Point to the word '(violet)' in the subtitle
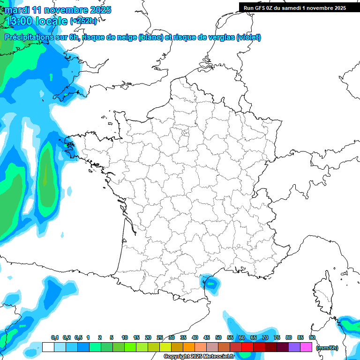tap(248, 37)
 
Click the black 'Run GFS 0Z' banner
tap(294, 7)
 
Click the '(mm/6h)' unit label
tap(327, 347)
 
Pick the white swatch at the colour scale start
tap(48, 347)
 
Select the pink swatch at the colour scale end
tap(307, 347)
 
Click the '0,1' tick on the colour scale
tap(54, 338)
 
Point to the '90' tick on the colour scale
tap(312, 338)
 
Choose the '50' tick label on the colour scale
tap(218, 338)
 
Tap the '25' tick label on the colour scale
tap(160, 338)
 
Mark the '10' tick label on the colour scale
tap(125, 338)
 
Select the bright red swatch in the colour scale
tap(247, 347)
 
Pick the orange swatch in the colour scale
tap(189, 347)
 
